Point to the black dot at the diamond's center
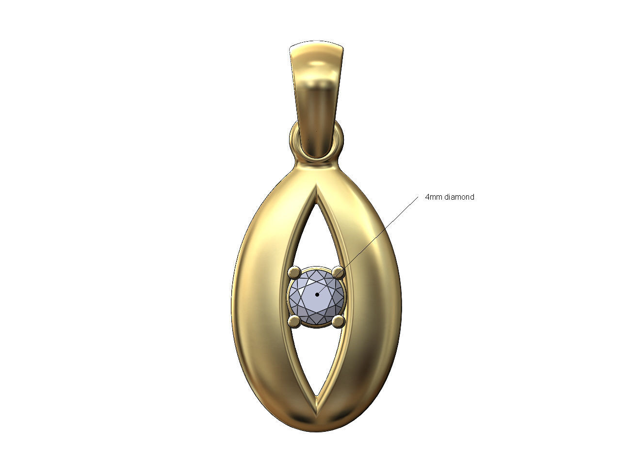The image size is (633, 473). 317,294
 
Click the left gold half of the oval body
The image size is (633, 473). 264,300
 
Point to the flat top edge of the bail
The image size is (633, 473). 317,47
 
